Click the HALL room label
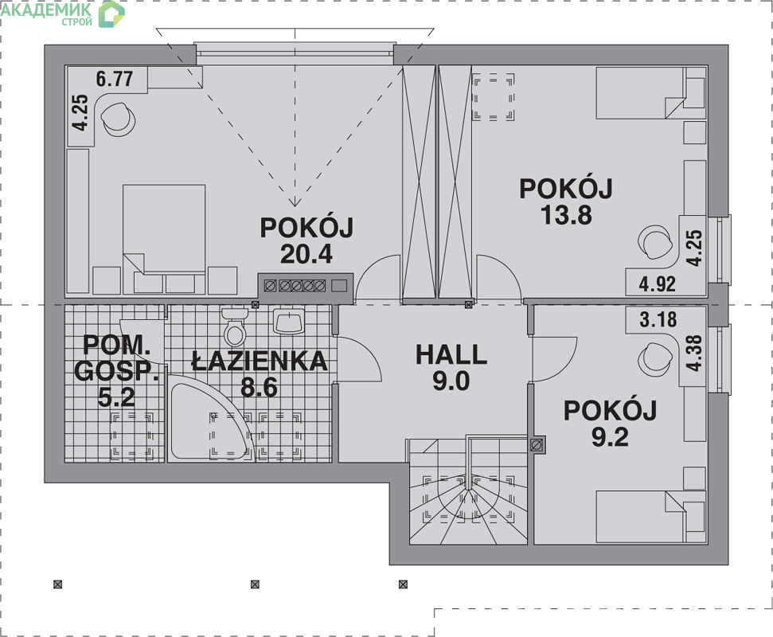[x=451, y=355]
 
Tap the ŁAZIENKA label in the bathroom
[x=260, y=361]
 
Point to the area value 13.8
[x=567, y=215]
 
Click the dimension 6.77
[x=115, y=78]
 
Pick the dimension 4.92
[x=657, y=284]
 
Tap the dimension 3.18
[x=658, y=319]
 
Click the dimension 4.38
[x=693, y=353]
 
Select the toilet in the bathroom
[x=235, y=327]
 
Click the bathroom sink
[x=290, y=322]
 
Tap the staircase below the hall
[x=468, y=490]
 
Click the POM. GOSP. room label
[x=116, y=358]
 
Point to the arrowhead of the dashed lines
[x=295, y=201]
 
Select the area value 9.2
[x=610, y=437]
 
